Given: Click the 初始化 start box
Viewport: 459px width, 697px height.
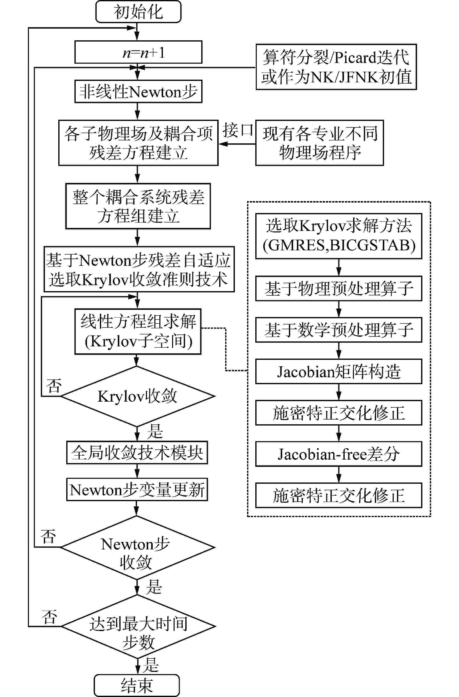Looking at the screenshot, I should coord(138,12).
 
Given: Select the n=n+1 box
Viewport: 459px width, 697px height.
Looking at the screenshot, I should coord(138,52).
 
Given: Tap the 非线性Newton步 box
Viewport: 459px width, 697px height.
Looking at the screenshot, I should coord(138,92).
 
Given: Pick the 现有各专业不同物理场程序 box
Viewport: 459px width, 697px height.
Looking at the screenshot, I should coord(319,143).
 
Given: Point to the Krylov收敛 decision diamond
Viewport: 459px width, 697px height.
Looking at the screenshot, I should coord(137,396).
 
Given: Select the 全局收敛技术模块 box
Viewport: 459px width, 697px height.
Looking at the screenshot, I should coord(137,452).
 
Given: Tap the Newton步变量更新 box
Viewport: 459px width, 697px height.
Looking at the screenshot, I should coord(137,489).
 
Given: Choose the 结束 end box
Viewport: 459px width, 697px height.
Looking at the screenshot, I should coord(136,686).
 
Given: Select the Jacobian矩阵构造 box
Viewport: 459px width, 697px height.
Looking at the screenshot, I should coord(338,371).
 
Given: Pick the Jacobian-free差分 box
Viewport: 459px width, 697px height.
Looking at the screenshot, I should coord(338,454).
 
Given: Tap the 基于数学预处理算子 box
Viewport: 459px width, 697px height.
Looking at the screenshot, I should coord(338,330).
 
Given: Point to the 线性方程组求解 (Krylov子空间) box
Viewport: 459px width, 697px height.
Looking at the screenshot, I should coord(138,331).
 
